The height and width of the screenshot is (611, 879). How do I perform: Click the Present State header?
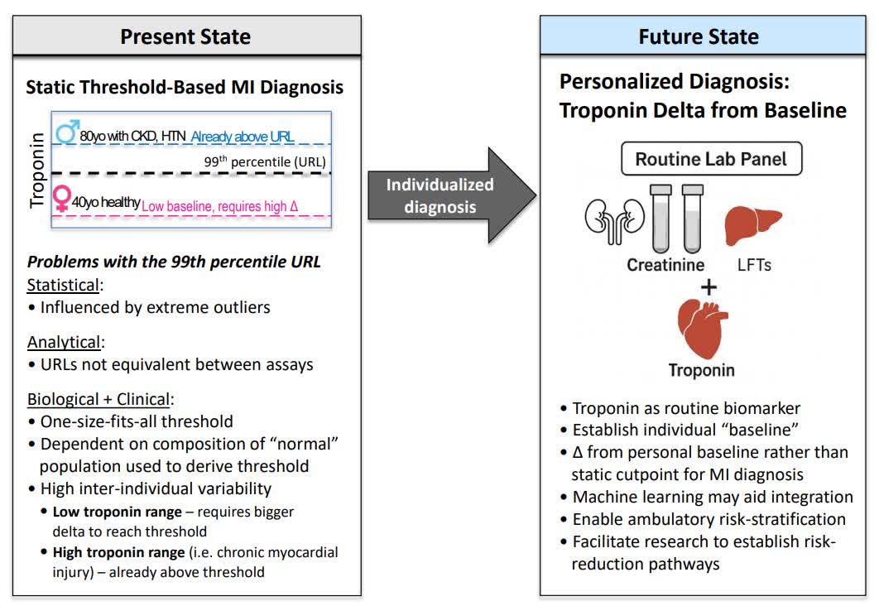185,36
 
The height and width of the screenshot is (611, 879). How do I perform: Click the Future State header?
699,36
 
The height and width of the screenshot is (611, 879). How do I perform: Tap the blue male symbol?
66,132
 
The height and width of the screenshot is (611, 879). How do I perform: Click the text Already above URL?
243,137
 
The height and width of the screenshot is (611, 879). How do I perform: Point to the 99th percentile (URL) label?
265,161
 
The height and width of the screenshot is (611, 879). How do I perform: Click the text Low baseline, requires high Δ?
226,206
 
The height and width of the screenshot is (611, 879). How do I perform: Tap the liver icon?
753,224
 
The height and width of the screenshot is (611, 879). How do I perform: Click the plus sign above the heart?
708,287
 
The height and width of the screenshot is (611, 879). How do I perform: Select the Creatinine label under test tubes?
665,265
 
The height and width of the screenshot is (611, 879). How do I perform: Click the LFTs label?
754,265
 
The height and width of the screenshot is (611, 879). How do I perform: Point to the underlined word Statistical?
65,285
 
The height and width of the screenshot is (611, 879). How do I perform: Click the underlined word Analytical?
65,342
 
